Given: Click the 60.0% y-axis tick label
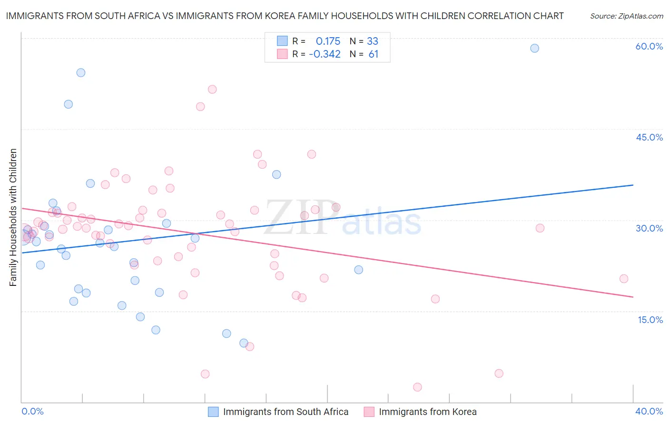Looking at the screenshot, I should point(649,46).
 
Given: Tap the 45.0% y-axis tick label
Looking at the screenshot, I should point(649,137).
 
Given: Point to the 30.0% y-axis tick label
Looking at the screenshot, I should point(649,228).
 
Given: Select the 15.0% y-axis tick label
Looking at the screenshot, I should point(650,320).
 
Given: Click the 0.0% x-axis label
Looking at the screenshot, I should point(32,411).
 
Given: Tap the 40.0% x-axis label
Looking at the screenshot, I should point(649,411).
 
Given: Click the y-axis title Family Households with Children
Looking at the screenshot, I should point(13,217).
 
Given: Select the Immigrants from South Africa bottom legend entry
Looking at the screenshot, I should point(285,412).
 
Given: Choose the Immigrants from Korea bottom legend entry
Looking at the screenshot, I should point(427,412).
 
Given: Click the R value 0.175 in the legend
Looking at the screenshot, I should point(328,41).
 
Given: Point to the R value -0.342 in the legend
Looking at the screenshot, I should point(325,54).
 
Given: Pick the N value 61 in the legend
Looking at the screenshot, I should point(374,54).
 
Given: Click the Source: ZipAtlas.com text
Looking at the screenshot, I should point(626,16).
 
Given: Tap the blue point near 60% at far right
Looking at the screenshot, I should point(534,48).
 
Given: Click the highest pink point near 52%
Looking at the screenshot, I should point(212,90).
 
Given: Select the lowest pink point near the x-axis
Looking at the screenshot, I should point(417,387).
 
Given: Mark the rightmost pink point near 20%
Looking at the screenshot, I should point(624,279).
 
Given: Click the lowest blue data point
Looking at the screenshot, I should point(244,343).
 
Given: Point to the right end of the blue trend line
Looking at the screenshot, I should point(633,185).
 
